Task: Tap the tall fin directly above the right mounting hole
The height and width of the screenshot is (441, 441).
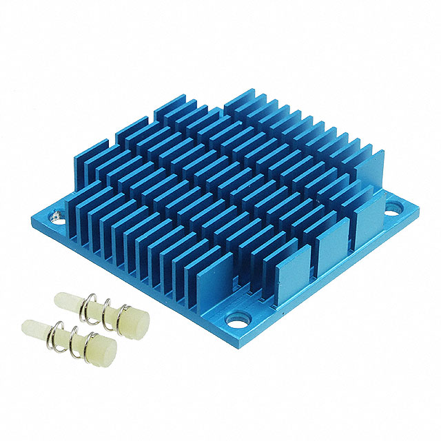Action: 373,172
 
